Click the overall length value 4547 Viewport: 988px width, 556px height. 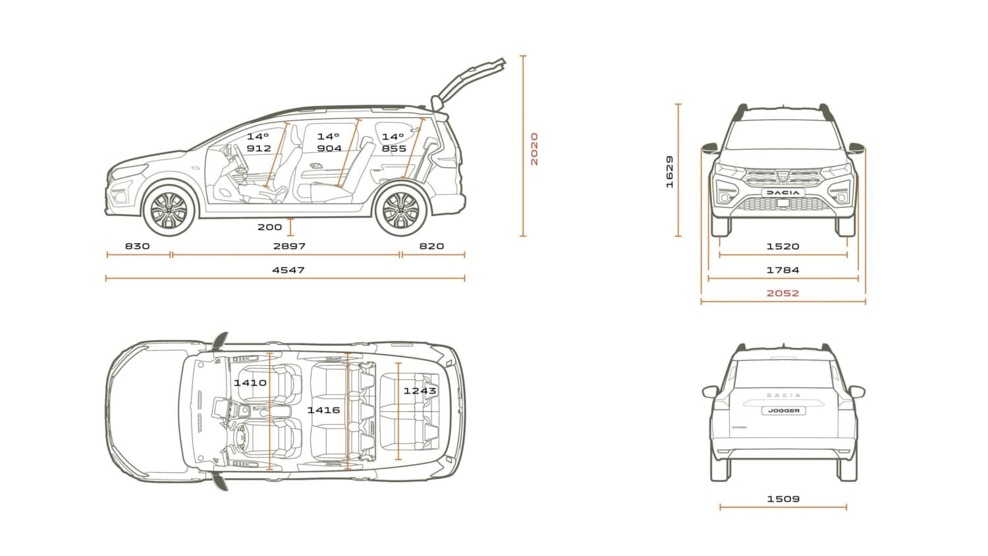tap(288, 270)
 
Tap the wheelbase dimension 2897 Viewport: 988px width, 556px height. tap(289, 246)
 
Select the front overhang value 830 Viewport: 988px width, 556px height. tap(137, 246)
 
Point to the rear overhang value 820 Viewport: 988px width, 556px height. tap(431, 246)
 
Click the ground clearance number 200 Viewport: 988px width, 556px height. tap(269, 227)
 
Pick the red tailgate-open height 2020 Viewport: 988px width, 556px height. tap(534, 149)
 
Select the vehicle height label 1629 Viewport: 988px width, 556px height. tap(670, 172)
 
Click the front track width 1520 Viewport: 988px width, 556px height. tap(782, 246)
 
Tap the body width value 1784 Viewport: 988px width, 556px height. tap(782, 270)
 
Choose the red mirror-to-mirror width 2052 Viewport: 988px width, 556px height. tap(782, 293)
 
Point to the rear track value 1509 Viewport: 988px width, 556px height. tap(783, 499)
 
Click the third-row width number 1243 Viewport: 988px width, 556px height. tap(420, 391)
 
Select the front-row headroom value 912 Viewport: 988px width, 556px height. tap(259, 149)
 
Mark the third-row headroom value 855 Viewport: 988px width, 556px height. tap(394, 149)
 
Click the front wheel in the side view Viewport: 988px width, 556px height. tap(169, 210)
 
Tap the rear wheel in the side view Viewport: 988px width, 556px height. tap(400, 210)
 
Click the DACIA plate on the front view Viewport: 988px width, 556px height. tap(783, 192)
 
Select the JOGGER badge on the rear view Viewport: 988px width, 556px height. tap(784, 411)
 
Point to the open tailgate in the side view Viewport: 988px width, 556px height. tap(468, 84)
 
